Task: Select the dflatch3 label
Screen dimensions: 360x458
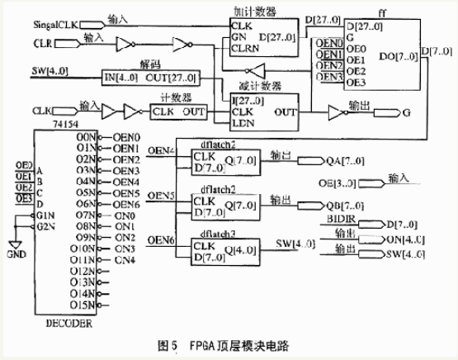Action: tap(214, 234)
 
